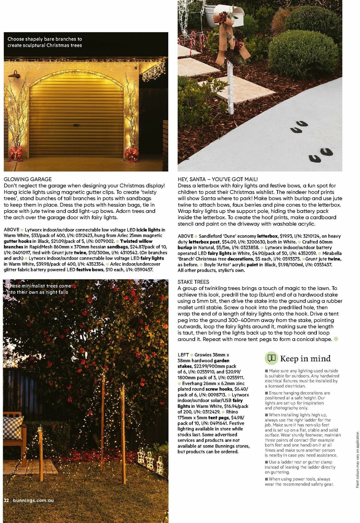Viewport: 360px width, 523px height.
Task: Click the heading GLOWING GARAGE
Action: tap(28, 179)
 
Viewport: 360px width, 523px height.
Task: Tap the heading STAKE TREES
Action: tap(193, 282)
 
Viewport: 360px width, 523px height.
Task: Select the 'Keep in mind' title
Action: tap(305, 358)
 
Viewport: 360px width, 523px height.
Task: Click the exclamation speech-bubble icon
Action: tap(271, 358)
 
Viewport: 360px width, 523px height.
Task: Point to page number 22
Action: tap(7, 500)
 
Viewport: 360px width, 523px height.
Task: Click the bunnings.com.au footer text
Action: tap(33, 500)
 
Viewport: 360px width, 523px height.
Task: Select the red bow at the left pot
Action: tap(16, 153)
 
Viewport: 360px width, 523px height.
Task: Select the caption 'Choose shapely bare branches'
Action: tap(44, 42)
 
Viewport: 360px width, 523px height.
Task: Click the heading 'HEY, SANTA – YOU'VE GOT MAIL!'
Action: tap(217, 179)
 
